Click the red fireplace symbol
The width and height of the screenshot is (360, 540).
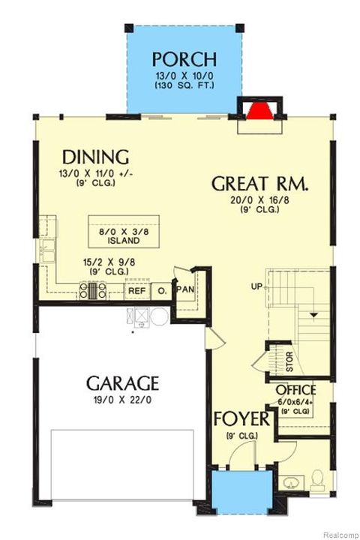(x=258, y=112)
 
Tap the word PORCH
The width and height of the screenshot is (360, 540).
(x=184, y=59)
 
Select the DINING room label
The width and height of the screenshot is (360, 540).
(x=96, y=157)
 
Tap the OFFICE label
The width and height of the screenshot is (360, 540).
(x=295, y=391)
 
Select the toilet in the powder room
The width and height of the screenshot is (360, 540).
(x=317, y=477)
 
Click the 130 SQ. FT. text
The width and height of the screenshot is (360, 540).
(x=184, y=86)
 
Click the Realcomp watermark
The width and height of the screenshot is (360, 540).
(x=339, y=535)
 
